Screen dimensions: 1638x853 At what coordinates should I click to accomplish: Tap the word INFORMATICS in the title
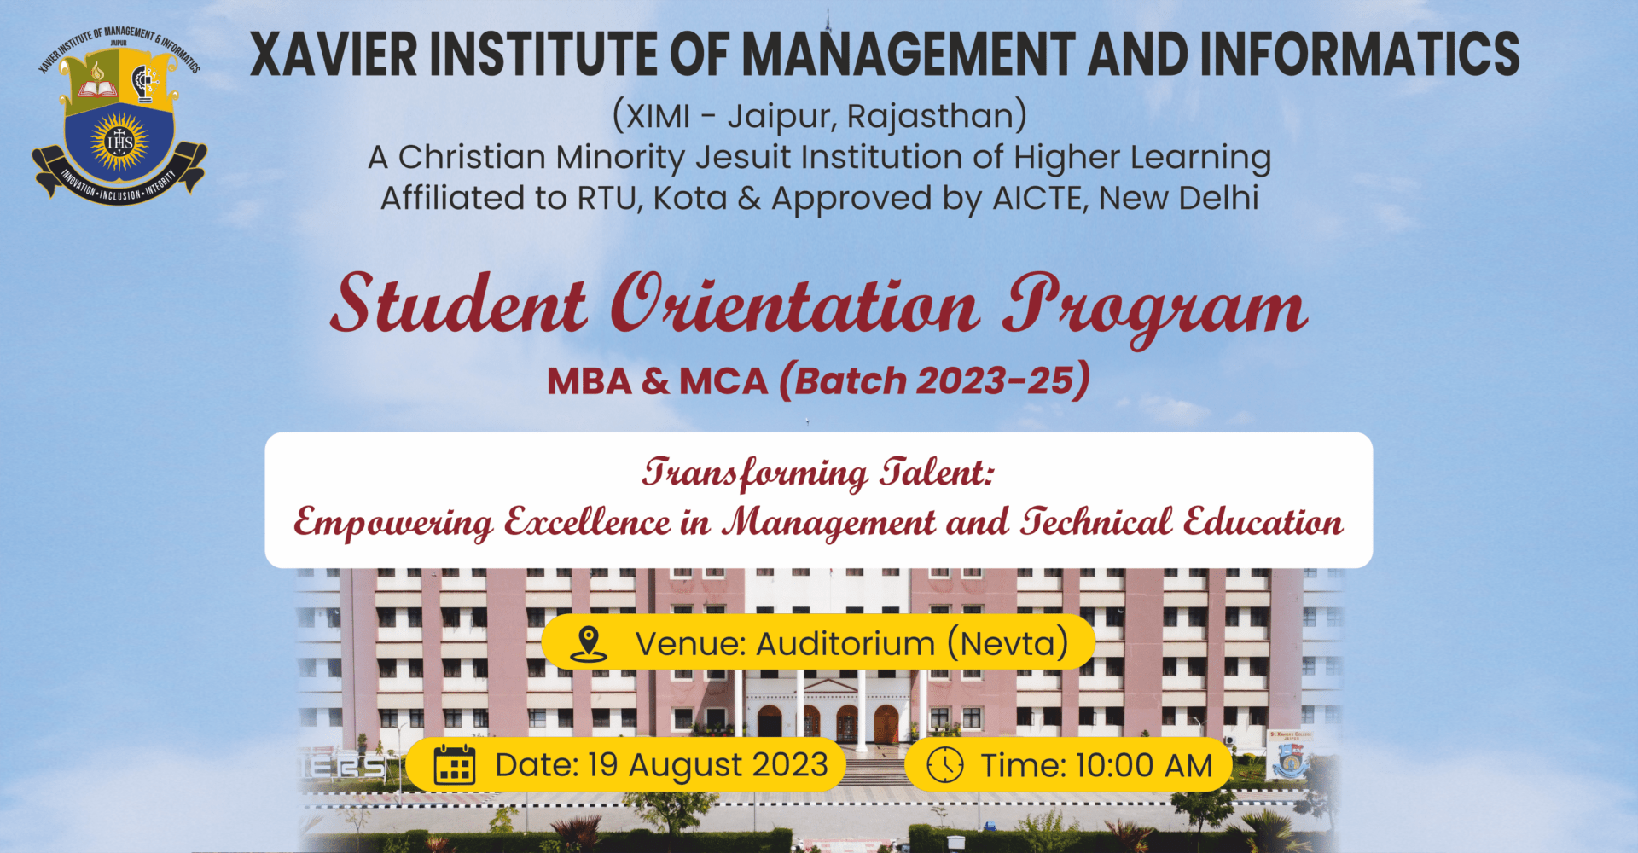[1360, 54]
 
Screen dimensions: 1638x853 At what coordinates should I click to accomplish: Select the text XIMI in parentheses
[658, 116]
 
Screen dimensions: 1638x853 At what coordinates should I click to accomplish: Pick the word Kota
[690, 198]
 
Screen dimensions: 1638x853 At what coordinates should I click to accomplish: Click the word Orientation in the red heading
[794, 305]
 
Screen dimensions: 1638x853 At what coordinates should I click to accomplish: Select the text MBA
[590, 381]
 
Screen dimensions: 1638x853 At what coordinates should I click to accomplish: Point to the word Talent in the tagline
[938, 472]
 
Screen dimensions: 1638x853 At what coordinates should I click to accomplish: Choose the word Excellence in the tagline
[588, 521]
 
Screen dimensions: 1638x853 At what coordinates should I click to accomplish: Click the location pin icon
[589, 644]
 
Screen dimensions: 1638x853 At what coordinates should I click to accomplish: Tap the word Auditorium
[845, 644]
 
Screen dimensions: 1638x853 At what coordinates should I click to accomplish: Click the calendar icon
[455, 764]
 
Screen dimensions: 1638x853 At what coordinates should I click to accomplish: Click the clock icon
[945, 764]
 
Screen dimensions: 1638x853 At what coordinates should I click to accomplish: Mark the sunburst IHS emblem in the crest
[119, 141]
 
